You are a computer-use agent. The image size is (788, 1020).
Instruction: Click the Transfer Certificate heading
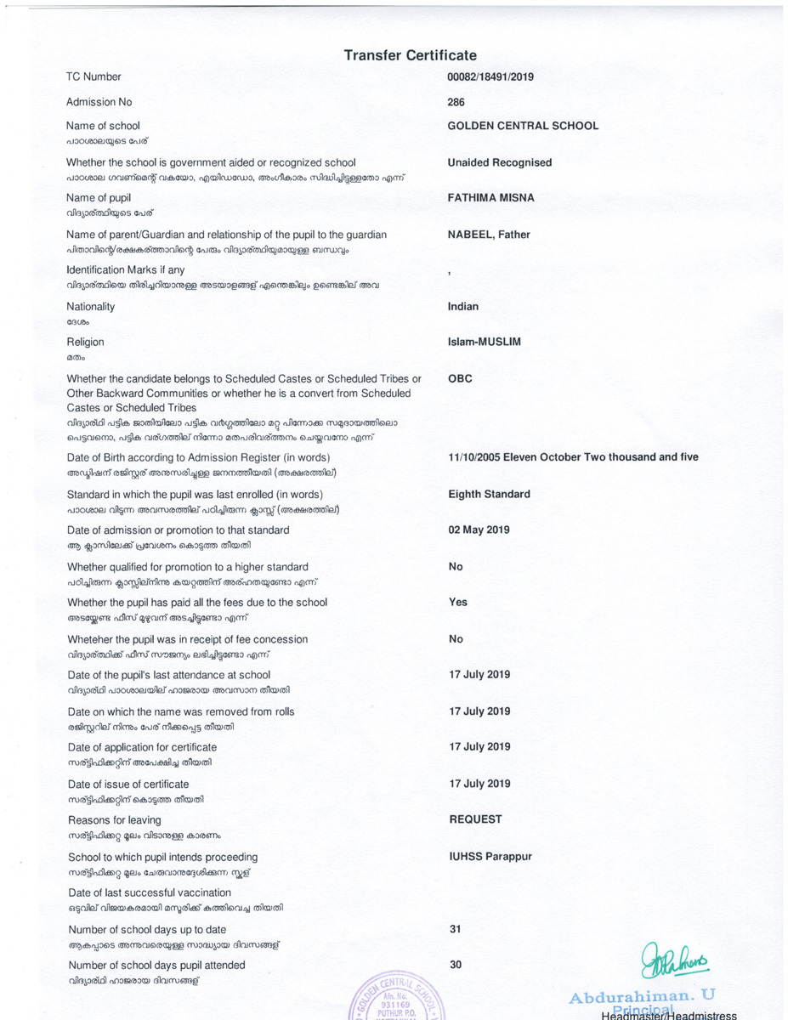click(x=410, y=55)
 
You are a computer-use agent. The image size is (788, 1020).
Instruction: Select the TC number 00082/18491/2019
click(x=490, y=76)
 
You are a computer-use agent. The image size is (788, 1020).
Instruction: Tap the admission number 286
click(x=456, y=102)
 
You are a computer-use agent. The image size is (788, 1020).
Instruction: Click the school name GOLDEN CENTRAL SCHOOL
click(x=522, y=126)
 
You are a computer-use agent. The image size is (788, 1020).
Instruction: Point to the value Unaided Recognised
click(x=499, y=162)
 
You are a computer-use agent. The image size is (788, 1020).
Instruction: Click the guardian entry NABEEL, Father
click(x=488, y=235)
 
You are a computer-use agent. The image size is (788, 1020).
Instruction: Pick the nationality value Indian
click(x=462, y=306)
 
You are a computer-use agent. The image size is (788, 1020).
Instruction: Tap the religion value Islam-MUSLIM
click(x=484, y=342)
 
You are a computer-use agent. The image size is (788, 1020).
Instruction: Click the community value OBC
click(x=460, y=379)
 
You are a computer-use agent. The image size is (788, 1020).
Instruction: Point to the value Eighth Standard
click(x=489, y=494)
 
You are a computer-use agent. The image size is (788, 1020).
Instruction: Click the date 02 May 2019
click(x=479, y=530)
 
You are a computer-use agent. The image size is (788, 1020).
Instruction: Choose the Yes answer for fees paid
click(x=457, y=602)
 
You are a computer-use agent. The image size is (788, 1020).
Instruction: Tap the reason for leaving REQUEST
click(x=475, y=819)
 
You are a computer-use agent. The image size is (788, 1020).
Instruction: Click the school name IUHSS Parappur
click(x=490, y=857)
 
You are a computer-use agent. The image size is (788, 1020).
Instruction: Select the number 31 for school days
click(x=455, y=930)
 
